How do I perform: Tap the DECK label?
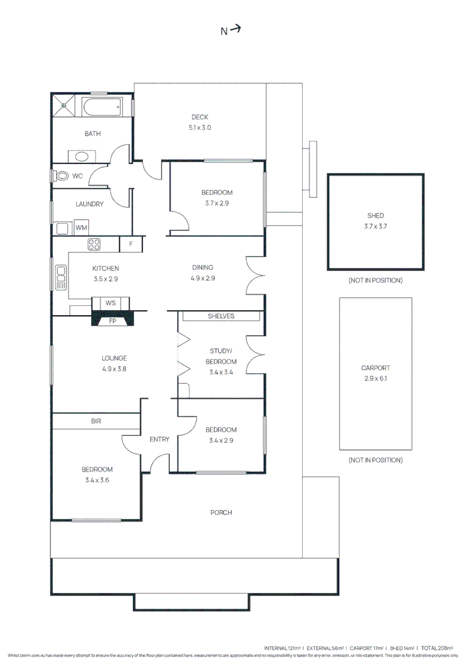tap(200, 117)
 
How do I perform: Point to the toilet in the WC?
tap(61, 176)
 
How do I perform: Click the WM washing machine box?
tap(81, 228)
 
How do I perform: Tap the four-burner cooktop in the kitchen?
tap(94, 244)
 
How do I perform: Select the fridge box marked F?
tap(131, 244)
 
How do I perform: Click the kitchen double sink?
tap(60, 277)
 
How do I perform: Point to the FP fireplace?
tap(112, 321)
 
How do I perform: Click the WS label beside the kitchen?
tap(110, 303)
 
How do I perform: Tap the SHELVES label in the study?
tap(221, 316)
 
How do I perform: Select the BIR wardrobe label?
tap(96, 421)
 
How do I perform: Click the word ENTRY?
tap(159, 439)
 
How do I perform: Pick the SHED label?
tap(375, 216)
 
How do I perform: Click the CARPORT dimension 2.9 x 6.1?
tap(375, 379)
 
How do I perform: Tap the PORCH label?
tap(221, 512)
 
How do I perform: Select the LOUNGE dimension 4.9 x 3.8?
tap(115, 369)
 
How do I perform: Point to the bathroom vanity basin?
tap(81, 156)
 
